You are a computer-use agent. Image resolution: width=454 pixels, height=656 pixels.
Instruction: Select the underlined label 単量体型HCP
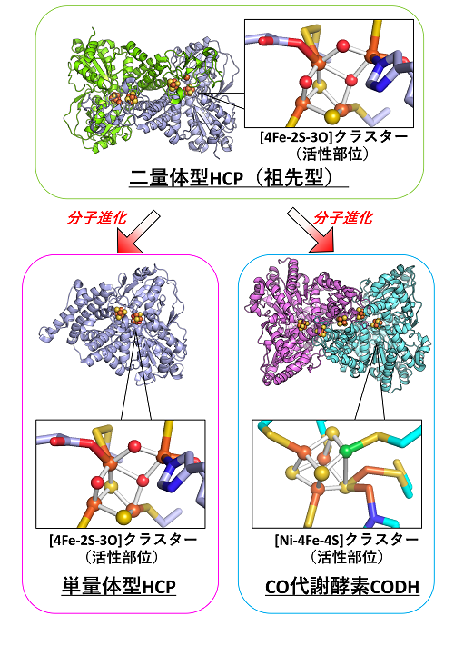coord(119,586)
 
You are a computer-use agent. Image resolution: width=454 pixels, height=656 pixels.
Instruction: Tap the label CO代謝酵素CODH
coord(342,587)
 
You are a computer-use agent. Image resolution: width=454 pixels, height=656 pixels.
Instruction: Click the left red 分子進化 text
coord(96,217)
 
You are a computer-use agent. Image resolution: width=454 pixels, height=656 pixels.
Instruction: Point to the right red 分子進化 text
coord(343,217)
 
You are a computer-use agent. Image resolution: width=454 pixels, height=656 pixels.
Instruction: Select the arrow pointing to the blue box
coord(311,231)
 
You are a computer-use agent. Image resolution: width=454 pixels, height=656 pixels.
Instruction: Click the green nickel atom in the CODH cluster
coord(345,451)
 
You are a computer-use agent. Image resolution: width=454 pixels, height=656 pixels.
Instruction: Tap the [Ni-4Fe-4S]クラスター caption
coord(346,540)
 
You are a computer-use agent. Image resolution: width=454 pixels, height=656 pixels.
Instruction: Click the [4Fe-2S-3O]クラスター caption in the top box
coord(333,137)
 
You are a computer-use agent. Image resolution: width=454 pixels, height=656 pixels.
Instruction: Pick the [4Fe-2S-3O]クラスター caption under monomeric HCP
coord(123,540)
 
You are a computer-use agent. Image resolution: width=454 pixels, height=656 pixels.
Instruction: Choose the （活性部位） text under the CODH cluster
coord(346,557)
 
